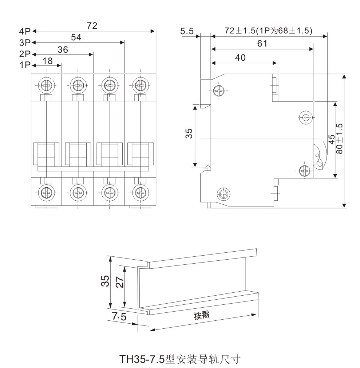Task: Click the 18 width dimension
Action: (x=48, y=61)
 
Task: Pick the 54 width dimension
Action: (x=76, y=37)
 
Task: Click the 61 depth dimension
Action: (x=262, y=44)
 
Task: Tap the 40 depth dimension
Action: (x=240, y=57)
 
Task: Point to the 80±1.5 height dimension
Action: (x=339, y=139)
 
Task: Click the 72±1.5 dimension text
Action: (x=268, y=31)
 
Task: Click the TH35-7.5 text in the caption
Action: (x=142, y=360)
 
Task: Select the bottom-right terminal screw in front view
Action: (x=140, y=191)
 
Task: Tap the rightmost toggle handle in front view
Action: (x=140, y=155)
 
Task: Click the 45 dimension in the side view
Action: (x=331, y=140)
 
